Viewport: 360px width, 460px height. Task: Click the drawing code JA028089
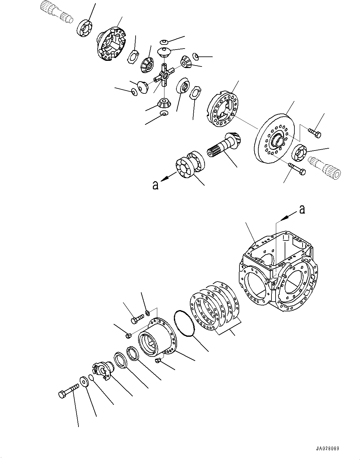click(x=325, y=449)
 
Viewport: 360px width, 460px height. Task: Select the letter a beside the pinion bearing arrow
click(x=155, y=185)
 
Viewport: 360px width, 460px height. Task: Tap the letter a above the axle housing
click(x=302, y=209)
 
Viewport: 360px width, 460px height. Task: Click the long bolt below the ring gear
click(x=297, y=169)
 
